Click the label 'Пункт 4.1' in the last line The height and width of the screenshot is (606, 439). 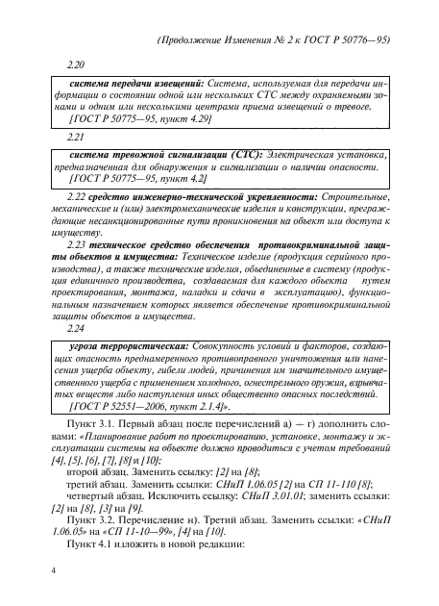tap(94, 552)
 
